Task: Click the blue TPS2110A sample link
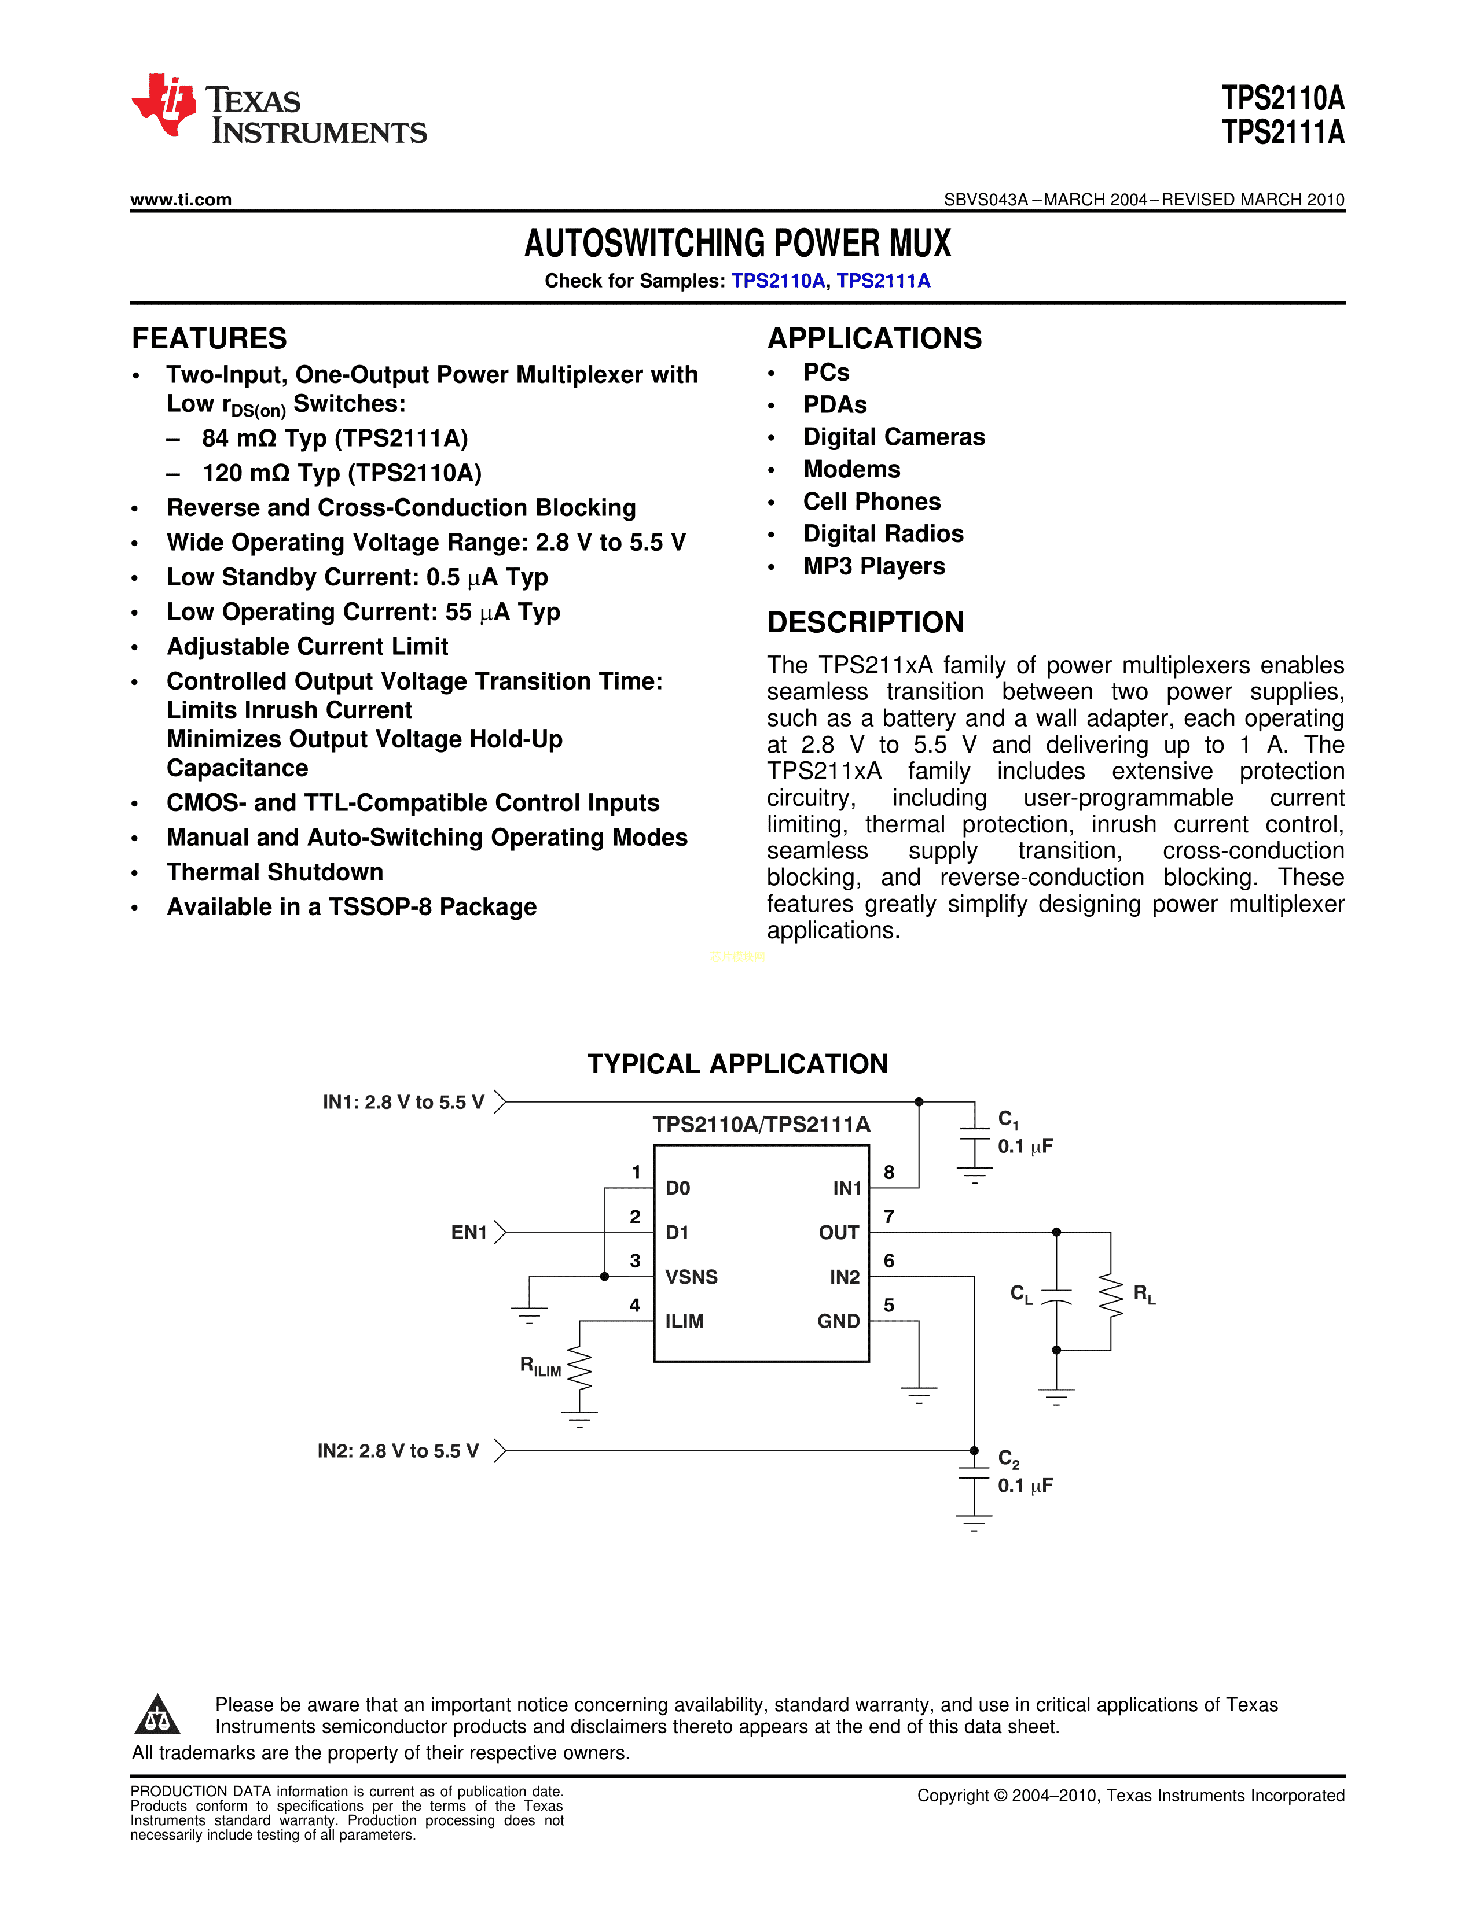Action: pos(777,281)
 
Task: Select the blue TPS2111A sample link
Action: pos(883,281)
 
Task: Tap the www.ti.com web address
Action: pos(181,200)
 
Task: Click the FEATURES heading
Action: pos(209,338)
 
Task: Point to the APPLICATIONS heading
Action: pos(875,338)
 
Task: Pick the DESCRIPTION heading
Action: pos(866,622)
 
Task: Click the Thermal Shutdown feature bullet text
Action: pos(274,872)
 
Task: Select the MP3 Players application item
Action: pos(873,566)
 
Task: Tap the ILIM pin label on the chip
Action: pos(684,1321)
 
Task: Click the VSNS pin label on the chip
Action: pos(691,1277)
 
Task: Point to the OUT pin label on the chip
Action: pos(839,1232)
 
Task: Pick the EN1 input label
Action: pos(469,1232)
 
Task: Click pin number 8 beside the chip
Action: pos(888,1172)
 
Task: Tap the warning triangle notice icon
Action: pos(157,1715)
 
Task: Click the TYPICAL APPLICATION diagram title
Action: pos(737,1064)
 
